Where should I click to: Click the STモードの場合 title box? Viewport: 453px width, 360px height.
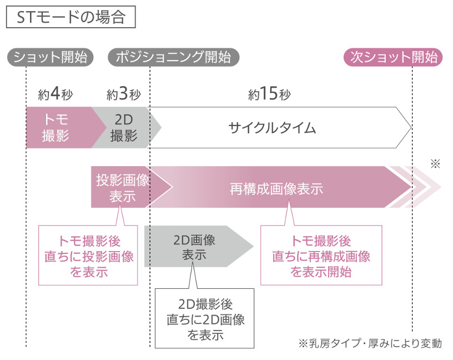(x=71, y=17)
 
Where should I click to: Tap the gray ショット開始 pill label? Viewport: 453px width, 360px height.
(x=51, y=57)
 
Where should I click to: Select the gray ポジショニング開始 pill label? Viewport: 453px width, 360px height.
(x=173, y=57)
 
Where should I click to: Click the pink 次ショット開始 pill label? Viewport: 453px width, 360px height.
(x=393, y=57)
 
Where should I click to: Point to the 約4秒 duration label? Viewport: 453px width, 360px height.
(x=56, y=94)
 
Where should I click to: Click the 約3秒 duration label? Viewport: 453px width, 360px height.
(x=124, y=94)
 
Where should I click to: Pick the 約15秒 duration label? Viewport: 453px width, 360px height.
(x=269, y=94)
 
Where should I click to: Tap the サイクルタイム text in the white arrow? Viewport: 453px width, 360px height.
(x=272, y=128)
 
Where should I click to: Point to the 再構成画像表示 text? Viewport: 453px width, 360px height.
(x=276, y=189)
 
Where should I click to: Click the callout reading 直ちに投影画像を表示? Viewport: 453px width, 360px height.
(x=88, y=256)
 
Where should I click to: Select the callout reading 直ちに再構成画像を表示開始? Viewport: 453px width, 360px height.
(x=321, y=256)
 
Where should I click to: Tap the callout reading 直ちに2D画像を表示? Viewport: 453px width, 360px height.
(x=204, y=318)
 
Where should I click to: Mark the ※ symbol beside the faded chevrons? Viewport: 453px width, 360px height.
(x=435, y=164)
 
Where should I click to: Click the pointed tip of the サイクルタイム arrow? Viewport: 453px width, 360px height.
(x=411, y=128)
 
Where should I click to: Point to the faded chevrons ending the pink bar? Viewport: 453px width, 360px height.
(x=416, y=187)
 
